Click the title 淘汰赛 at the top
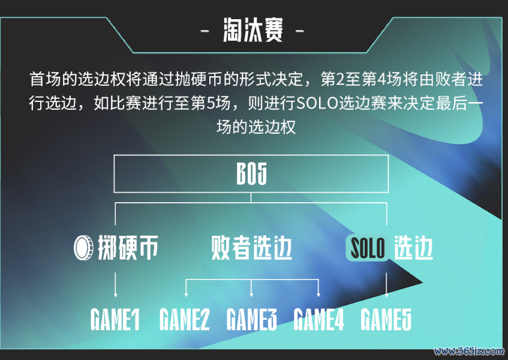(x=253, y=30)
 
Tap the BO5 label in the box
(x=251, y=174)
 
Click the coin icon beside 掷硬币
(x=83, y=248)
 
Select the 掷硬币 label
(x=128, y=248)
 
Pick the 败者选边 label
(x=251, y=248)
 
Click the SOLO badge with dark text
(x=368, y=248)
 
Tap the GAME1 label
(x=115, y=319)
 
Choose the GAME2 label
(x=185, y=319)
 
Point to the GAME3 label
(x=252, y=319)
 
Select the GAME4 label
(x=319, y=319)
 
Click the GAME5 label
(x=386, y=319)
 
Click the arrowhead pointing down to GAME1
(x=115, y=295)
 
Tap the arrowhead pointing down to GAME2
(x=186, y=295)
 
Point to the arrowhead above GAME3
(x=251, y=295)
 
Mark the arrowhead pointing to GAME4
(x=318, y=295)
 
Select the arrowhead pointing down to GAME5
(x=386, y=295)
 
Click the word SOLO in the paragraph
(x=317, y=103)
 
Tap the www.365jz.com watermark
(x=469, y=351)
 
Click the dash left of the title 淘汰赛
(x=205, y=31)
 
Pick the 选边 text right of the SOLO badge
(x=413, y=248)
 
